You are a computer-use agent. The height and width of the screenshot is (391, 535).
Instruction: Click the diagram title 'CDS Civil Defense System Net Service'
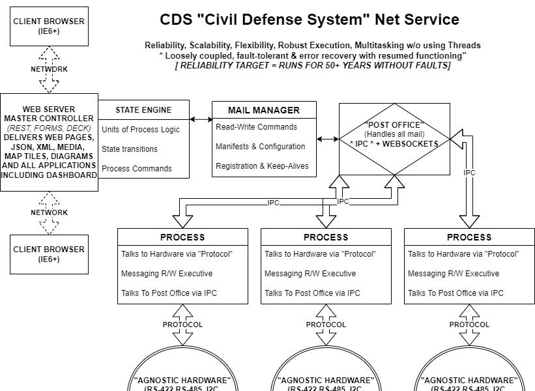pos(310,20)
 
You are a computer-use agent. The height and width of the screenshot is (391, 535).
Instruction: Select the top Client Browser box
pos(49,26)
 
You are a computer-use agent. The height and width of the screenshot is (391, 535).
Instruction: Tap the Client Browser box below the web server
pos(49,254)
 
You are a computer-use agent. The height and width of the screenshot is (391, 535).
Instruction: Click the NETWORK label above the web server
pos(49,69)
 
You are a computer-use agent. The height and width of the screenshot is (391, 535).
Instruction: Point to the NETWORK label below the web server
pos(49,212)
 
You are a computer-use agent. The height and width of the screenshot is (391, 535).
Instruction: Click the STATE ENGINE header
pos(143,110)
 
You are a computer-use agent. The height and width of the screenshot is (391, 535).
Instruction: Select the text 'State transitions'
pos(129,149)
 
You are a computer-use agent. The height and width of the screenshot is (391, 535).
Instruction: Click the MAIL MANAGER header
pos(264,110)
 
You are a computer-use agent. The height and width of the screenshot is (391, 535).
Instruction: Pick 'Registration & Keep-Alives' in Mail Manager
pos(262,166)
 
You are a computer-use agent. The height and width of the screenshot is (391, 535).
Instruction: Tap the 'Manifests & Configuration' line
pos(260,147)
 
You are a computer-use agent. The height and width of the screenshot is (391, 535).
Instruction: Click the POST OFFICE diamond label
pos(394,124)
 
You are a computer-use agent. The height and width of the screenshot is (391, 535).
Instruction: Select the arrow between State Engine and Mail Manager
pos(201,119)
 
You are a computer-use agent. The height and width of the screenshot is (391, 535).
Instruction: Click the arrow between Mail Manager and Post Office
pos(328,139)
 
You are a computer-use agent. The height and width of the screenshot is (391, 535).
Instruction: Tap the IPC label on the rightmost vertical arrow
pos(469,173)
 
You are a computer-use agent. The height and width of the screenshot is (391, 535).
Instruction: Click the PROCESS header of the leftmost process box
pos(182,237)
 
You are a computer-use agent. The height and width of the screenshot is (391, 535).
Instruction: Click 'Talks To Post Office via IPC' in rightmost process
pos(455,293)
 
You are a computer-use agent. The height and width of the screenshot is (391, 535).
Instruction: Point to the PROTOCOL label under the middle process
pos(326,325)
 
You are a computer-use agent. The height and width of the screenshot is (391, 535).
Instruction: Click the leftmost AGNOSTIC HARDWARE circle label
pos(182,381)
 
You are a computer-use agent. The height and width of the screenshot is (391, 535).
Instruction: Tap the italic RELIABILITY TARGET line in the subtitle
pos(313,65)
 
